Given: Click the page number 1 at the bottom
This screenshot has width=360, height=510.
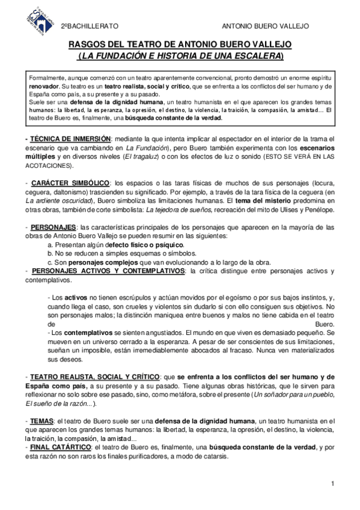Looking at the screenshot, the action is click(332, 484).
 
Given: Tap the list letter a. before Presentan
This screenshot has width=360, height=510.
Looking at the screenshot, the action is click(50, 245).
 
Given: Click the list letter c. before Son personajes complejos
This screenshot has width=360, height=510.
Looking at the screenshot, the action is click(50, 262).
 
